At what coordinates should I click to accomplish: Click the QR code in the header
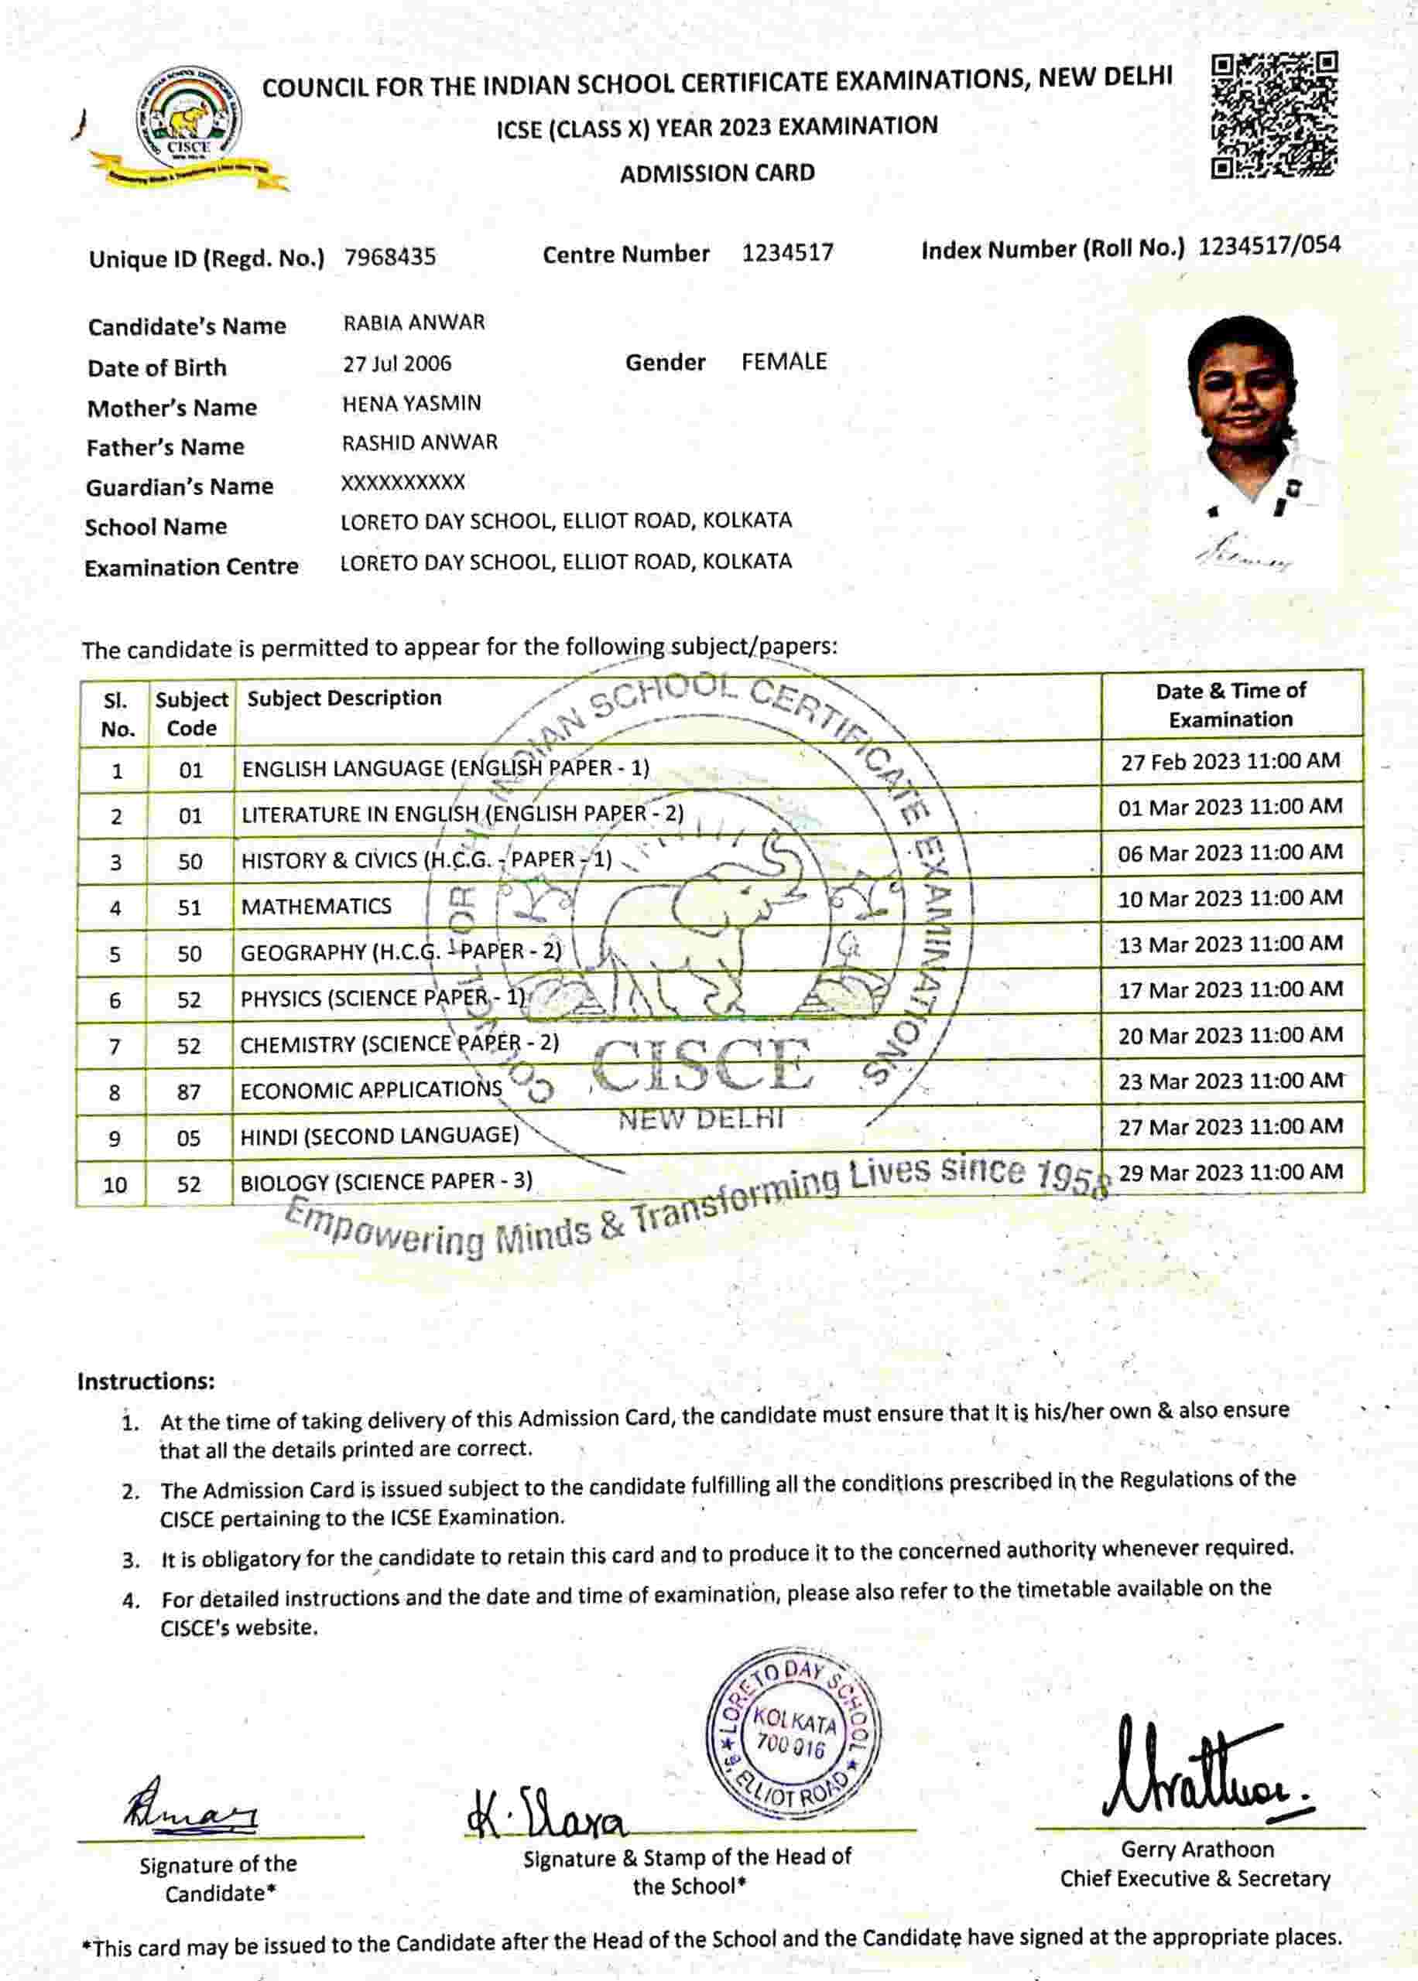(x=1274, y=115)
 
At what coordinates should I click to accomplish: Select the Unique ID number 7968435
(x=390, y=258)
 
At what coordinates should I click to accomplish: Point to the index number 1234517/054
(x=1269, y=246)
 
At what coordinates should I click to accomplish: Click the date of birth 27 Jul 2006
(x=397, y=364)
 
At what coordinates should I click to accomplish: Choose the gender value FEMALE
(x=784, y=361)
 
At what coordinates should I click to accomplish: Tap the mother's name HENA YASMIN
(x=411, y=403)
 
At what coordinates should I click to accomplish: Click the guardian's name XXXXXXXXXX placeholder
(x=402, y=483)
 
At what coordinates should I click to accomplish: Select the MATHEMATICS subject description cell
(x=316, y=907)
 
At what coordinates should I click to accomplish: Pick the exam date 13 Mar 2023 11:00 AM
(x=1230, y=944)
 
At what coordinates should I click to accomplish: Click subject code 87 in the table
(x=190, y=1091)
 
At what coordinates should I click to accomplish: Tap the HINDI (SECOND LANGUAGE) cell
(x=379, y=1136)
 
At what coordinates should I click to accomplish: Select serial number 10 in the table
(x=115, y=1184)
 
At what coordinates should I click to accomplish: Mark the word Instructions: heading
(x=145, y=1382)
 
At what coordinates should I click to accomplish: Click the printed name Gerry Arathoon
(x=1197, y=1850)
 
